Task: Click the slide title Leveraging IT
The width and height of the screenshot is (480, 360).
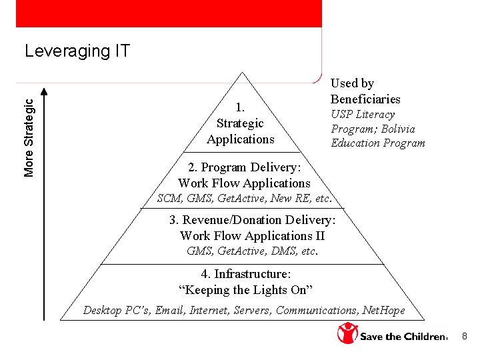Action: pyautogui.click(x=77, y=51)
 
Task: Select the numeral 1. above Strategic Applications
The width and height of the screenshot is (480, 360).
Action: pyautogui.click(x=241, y=107)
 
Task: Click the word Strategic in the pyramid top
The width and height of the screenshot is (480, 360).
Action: pyautogui.click(x=240, y=123)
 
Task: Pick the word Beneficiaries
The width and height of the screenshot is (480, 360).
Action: pyautogui.click(x=365, y=99)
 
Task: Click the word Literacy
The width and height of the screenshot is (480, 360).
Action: pyautogui.click(x=373, y=114)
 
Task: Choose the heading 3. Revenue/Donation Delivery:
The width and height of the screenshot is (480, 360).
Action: pyautogui.click(x=252, y=220)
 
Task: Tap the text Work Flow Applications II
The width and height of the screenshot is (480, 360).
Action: pyautogui.click(x=252, y=235)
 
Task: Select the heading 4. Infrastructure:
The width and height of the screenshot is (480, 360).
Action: pyautogui.click(x=246, y=274)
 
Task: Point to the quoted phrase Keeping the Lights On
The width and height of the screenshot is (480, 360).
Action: pyautogui.click(x=246, y=289)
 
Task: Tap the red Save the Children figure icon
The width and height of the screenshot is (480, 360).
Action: pyautogui.click(x=347, y=333)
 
